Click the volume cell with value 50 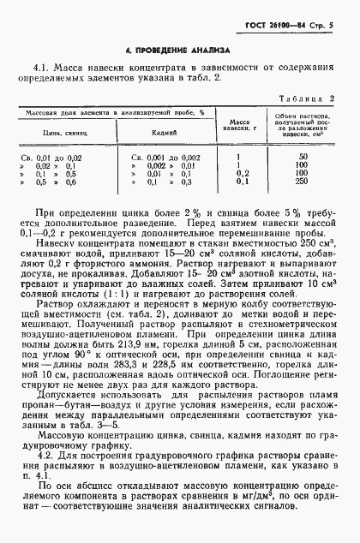(x=303, y=158)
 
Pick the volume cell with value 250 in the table (x=303, y=182)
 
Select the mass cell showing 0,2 (x=241, y=174)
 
